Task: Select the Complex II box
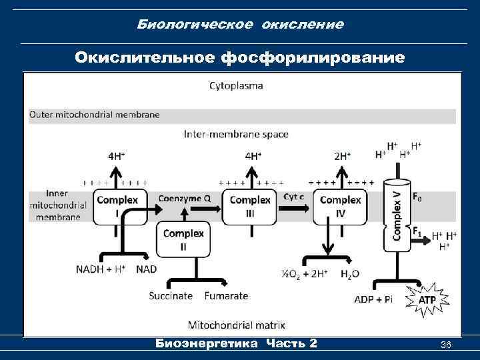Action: [183, 240]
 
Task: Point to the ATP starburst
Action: [427, 300]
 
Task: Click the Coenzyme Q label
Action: [185, 198]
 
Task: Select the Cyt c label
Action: [295, 197]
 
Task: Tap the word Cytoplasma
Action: [236, 85]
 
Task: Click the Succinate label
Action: [171, 295]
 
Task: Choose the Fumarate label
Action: [227, 295]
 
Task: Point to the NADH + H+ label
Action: [101, 269]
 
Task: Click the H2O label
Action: [351, 274]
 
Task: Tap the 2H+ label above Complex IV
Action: [343, 156]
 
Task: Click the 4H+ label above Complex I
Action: [117, 156]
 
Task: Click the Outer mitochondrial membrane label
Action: [95, 115]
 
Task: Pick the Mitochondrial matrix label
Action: [237, 325]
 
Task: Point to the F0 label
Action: [417, 198]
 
